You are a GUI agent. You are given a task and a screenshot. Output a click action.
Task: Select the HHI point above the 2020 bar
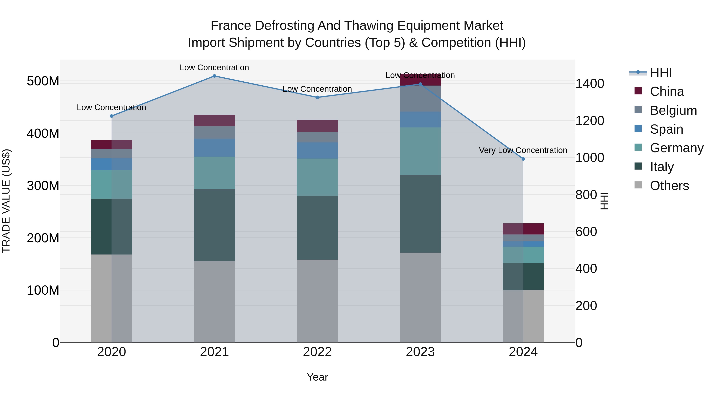pos(111,116)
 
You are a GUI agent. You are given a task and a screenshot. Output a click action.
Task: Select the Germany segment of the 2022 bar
pos(317,177)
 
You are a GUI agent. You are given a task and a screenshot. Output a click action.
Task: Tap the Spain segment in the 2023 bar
pos(420,120)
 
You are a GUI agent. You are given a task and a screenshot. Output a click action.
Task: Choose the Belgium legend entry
pos(673,110)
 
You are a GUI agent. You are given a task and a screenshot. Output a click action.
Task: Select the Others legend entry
pos(669,186)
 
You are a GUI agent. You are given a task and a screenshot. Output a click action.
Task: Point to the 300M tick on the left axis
pos(43,186)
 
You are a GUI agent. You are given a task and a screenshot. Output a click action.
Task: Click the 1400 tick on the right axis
pos(590,84)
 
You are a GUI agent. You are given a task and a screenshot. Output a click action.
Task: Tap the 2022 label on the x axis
pos(317,352)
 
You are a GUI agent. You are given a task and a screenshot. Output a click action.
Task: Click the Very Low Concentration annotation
pos(523,150)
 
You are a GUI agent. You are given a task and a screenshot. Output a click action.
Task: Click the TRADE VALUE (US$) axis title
pos(6,201)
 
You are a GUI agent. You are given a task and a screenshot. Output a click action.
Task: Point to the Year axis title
pos(317,377)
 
